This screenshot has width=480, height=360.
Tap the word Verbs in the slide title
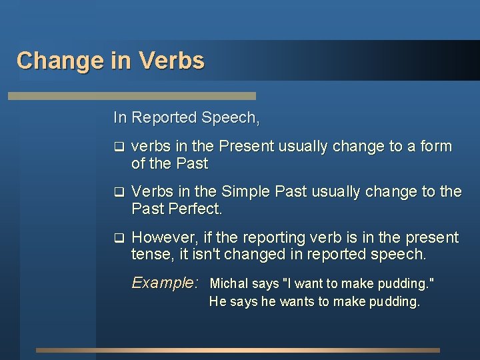click(x=172, y=61)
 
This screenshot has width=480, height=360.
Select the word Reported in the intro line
click(x=163, y=118)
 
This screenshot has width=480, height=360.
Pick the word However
click(x=160, y=238)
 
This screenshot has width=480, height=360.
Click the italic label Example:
click(x=165, y=283)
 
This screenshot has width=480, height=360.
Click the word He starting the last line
click(x=217, y=301)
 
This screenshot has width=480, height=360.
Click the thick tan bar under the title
click(x=131, y=96)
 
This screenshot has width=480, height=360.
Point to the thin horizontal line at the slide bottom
click(x=238, y=350)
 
